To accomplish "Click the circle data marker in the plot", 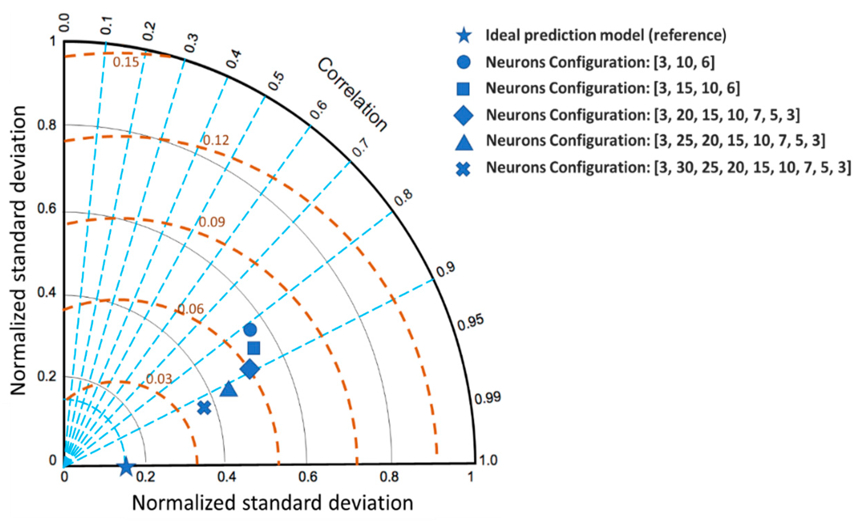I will pyautogui.click(x=250, y=330).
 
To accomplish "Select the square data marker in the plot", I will pyautogui.click(x=254, y=348).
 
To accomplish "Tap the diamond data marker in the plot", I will pyautogui.click(x=250, y=369).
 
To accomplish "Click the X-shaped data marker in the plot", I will pyautogui.click(x=204, y=408).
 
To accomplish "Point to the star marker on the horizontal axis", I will pyautogui.click(x=126, y=466).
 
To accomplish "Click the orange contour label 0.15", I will pyautogui.click(x=126, y=62).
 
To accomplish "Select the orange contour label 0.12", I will pyautogui.click(x=216, y=140).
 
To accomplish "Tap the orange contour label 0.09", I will pyautogui.click(x=212, y=222).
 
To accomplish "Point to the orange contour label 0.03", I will pyautogui.click(x=159, y=379).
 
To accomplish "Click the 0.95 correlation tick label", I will pyautogui.click(x=471, y=322).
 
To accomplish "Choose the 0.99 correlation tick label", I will pyautogui.click(x=488, y=398).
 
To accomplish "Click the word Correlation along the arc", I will pyautogui.click(x=352, y=94).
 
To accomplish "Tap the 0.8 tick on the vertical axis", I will pyautogui.click(x=47, y=125).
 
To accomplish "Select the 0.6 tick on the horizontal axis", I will pyautogui.click(x=308, y=477).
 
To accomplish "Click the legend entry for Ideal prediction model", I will pyautogui.click(x=606, y=35).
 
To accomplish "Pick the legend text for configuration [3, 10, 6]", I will pyautogui.click(x=600, y=62).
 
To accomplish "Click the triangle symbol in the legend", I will pyautogui.click(x=464, y=143).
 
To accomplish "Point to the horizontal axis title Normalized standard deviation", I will pyautogui.click(x=273, y=503).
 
